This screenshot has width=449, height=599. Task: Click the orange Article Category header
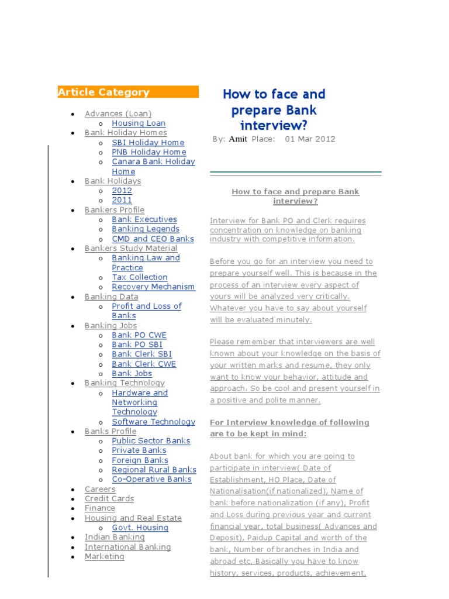[x=127, y=92]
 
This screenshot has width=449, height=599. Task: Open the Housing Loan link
[x=139, y=123]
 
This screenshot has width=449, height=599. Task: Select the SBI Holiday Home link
[x=148, y=143]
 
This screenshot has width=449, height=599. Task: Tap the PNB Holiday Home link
[x=149, y=152]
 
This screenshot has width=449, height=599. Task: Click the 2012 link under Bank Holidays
[x=122, y=191]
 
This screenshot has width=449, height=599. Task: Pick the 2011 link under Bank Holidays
[x=122, y=200]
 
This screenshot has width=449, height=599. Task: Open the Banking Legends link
[x=146, y=229]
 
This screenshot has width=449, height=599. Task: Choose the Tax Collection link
[x=140, y=277]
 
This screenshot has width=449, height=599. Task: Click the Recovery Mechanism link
[x=153, y=287]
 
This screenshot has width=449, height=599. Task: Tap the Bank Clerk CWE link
[x=144, y=364]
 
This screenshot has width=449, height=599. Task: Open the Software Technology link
[x=153, y=422]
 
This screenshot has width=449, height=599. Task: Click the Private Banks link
[x=139, y=450]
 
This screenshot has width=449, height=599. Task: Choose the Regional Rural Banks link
[x=154, y=470]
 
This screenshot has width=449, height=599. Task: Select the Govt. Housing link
[x=140, y=528]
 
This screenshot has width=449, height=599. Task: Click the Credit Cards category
[x=109, y=499]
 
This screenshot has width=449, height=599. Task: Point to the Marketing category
[x=105, y=557]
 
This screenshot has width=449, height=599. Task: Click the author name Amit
[x=237, y=139]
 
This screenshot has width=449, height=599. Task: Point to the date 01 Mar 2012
[x=310, y=139]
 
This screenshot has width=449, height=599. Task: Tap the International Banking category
[x=127, y=547]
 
